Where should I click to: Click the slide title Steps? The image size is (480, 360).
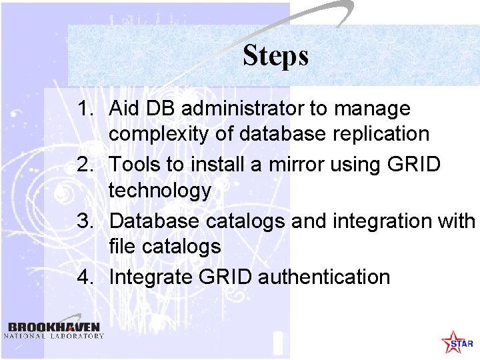(x=275, y=55)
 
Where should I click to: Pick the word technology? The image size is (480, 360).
(x=159, y=191)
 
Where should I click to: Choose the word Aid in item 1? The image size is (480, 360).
(x=123, y=108)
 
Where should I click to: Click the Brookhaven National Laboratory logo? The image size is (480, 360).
(x=54, y=331)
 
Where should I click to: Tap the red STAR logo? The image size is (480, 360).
(x=457, y=342)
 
